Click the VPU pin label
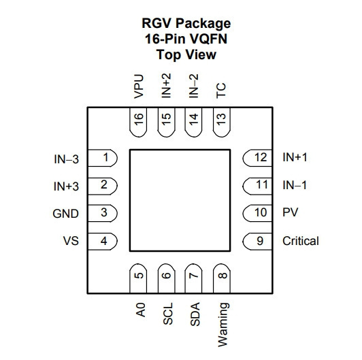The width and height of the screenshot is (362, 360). click(x=139, y=86)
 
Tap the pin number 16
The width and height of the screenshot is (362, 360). click(x=139, y=119)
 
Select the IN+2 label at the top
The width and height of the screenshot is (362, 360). click(x=166, y=86)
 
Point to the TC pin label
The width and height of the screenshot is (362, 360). click(x=221, y=91)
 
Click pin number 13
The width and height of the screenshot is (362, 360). click(x=221, y=119)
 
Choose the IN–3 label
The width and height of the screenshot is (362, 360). click(x=67, y=159)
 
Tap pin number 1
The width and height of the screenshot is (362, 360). click(x=105, y=157)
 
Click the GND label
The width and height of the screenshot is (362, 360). click(x=65, y=214)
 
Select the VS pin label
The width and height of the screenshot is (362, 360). click(x=71, y=241)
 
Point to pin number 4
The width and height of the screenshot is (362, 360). click(x=104, y=241)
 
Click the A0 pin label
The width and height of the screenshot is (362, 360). click(x=141, y=310)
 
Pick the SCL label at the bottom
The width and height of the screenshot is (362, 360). click(x=168, y=314)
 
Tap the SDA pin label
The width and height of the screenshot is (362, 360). click(x=195, y=314)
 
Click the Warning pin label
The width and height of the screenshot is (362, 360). click(x=223, y=325)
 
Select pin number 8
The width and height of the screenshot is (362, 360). click(x=223, y=276)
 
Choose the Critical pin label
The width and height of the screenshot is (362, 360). click(x=301, y=241)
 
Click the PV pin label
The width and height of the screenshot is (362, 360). click(x=291, y=212)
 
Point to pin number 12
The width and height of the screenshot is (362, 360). click(x=261, y=157)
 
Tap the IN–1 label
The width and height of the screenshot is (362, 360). click(x=295, y=185)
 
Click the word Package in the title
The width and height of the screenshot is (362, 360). click(x=203, y=24)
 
